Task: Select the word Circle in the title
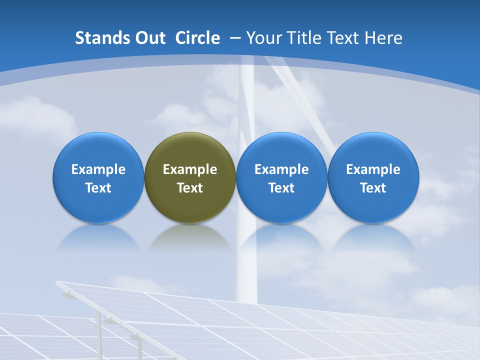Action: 197,38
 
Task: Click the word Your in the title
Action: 262,38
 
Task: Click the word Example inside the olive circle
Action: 190,169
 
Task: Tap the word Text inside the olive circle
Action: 190,188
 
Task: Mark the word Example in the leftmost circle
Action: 98,169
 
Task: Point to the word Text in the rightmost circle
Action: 373,188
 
